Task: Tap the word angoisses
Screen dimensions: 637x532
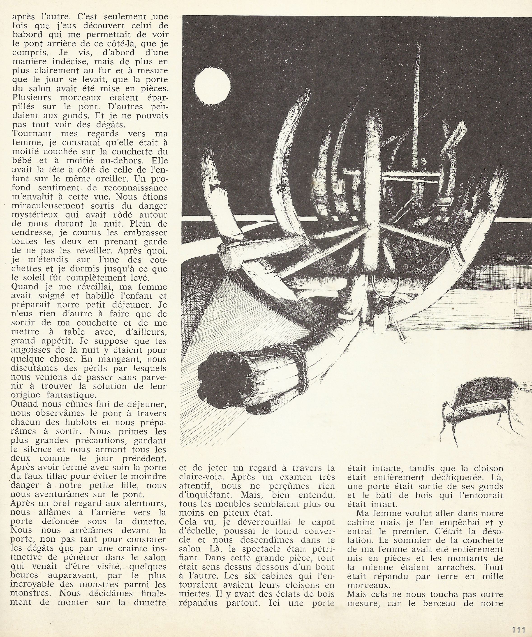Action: coord(33,350)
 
